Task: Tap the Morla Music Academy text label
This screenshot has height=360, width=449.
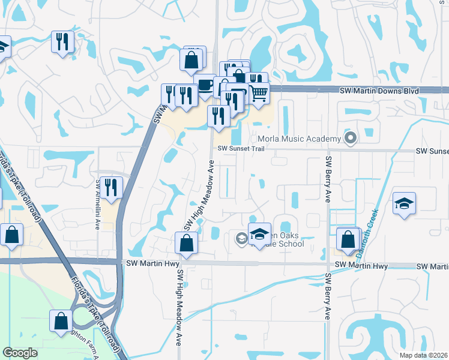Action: [299, 139]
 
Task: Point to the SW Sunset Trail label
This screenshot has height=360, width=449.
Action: [240, 148]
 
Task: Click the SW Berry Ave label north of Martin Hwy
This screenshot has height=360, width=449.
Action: [328, 179]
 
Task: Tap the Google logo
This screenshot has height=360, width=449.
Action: [20, 353]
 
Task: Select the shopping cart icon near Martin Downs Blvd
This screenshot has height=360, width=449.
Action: [259, 94]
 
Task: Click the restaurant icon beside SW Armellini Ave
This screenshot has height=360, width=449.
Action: [110, 187]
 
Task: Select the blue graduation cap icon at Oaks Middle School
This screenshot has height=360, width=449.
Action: [259, 234]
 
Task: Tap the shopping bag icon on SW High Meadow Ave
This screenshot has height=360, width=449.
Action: [186, 243]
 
